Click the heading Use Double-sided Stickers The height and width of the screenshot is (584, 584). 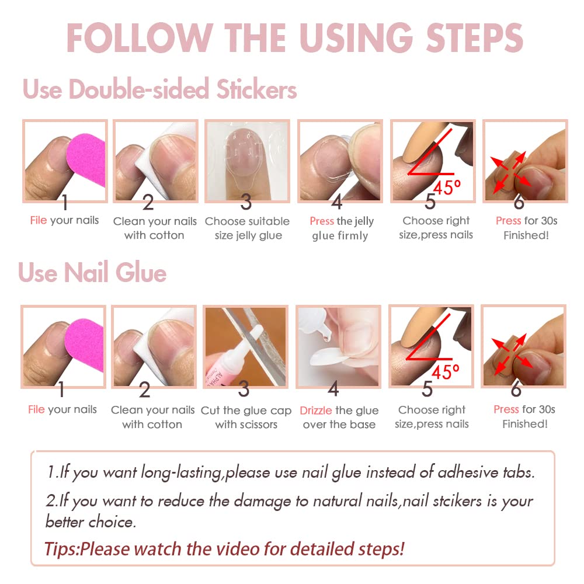(x=159, y=90)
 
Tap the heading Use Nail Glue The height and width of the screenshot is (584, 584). (x=92, y=273)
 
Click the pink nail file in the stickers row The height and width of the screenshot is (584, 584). (x=88, y=158)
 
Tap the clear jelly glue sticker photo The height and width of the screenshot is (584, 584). (x=246, y=158)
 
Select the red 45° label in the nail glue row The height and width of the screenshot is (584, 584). (x=447, y=372)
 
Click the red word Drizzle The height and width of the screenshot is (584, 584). (x=316, y=411)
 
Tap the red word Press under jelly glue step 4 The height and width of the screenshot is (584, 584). (x=322, y=221)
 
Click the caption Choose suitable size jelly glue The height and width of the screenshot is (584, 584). (x=247, y=228)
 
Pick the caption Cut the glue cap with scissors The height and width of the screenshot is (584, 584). (x=246, y=418)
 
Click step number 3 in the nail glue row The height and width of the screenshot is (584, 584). (x=244, y=389)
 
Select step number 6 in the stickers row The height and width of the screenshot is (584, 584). (x=519, y=203)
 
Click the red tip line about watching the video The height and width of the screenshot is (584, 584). (x=224, y=549)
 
